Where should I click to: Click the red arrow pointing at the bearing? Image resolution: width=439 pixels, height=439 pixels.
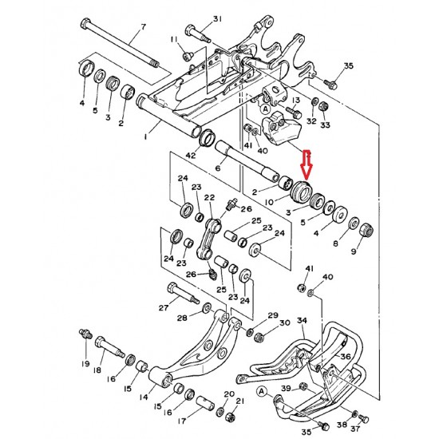point(307,165)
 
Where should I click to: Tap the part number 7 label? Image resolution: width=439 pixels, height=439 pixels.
point(143,27)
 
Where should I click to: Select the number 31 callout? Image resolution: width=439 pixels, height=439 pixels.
point(218,19)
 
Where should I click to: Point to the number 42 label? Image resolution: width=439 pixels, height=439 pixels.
point(192,155)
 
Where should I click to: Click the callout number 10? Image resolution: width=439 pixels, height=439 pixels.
point(269,201)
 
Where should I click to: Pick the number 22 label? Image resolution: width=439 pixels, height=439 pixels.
point(209,198)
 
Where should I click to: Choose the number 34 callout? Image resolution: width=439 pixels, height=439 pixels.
point(302,320)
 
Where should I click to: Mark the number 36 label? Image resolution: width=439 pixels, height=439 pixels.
point(346,357)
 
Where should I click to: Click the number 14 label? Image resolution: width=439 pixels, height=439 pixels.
point(144,397)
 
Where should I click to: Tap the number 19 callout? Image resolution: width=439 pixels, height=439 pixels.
point(85,363)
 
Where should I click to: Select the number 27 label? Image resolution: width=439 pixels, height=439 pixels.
point(164,308)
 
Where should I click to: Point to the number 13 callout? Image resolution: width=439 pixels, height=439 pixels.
point(296,100)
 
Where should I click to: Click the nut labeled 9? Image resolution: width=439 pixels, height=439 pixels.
point(366,230)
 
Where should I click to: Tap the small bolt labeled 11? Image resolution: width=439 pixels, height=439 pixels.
point(187,56)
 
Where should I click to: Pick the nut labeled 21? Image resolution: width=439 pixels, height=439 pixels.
point(230,417)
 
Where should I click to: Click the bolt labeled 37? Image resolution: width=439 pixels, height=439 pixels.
point(364,419)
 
